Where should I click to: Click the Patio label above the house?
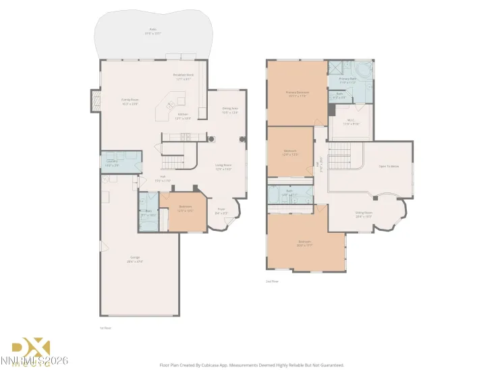152,30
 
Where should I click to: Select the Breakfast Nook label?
184,78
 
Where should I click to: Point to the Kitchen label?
182,115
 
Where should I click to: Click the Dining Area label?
231,111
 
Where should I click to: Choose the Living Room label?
223,167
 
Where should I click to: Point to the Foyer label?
221,211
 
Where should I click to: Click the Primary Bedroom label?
297,93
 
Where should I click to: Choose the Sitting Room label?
364,213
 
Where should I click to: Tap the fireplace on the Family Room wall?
94,101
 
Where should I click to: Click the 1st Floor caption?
105,327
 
